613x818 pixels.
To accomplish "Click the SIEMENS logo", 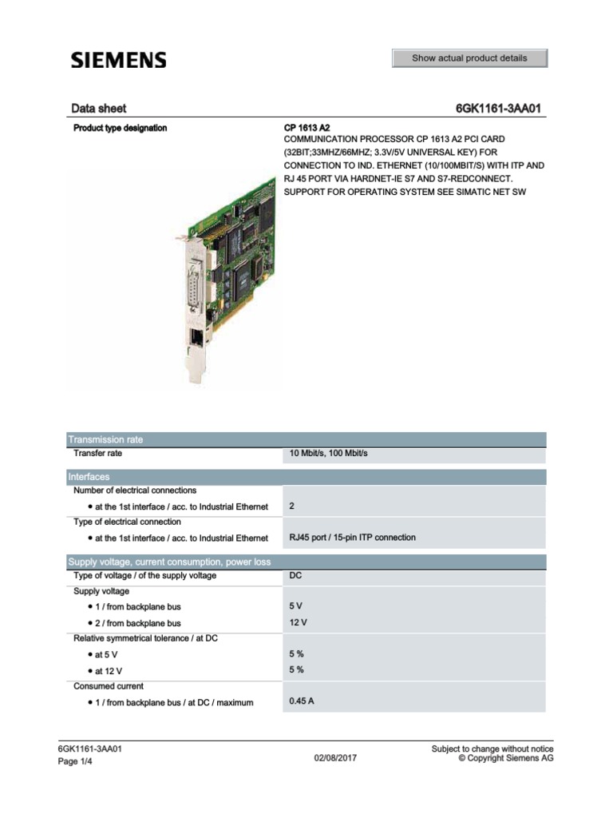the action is point(119,60).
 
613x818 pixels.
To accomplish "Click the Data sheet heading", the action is point(98,109).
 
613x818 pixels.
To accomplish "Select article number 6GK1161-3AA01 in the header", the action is point(500,109).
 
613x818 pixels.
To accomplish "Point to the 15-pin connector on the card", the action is point(192,286).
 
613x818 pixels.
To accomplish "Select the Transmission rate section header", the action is point(106,439).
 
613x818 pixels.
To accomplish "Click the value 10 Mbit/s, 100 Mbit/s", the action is point(328,454).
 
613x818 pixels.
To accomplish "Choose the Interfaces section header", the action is point(89,477).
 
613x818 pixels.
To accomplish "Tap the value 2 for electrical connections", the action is point(292,506).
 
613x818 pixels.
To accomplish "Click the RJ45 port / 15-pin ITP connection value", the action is point(352,538).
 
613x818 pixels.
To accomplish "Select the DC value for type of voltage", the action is point(295,576).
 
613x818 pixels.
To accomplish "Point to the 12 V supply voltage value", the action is point(299,622).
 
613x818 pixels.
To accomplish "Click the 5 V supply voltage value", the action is point(296,607).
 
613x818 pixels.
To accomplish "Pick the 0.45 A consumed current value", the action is point(302,702).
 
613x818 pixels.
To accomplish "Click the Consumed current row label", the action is point(109,686).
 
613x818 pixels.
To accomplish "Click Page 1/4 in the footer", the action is point(77,762).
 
